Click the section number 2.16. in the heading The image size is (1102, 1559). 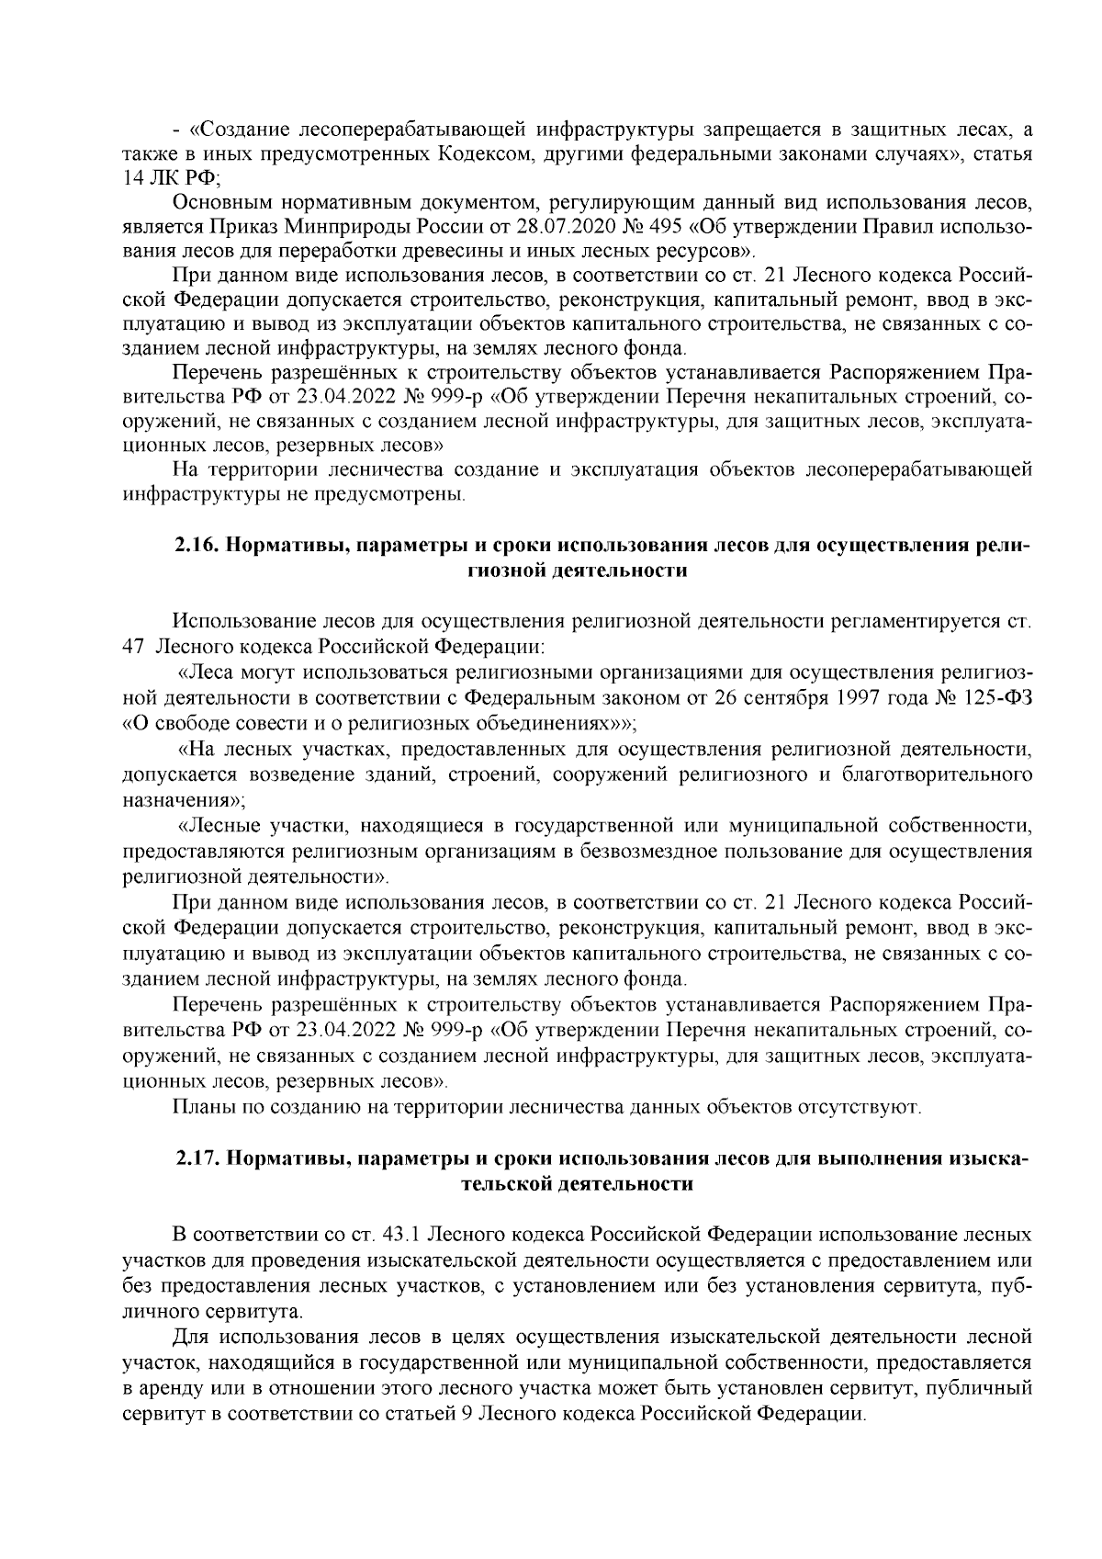pos(197,545)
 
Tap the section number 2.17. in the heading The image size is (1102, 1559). pos(197,1158)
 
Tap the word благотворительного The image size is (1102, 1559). pos(934,774)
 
